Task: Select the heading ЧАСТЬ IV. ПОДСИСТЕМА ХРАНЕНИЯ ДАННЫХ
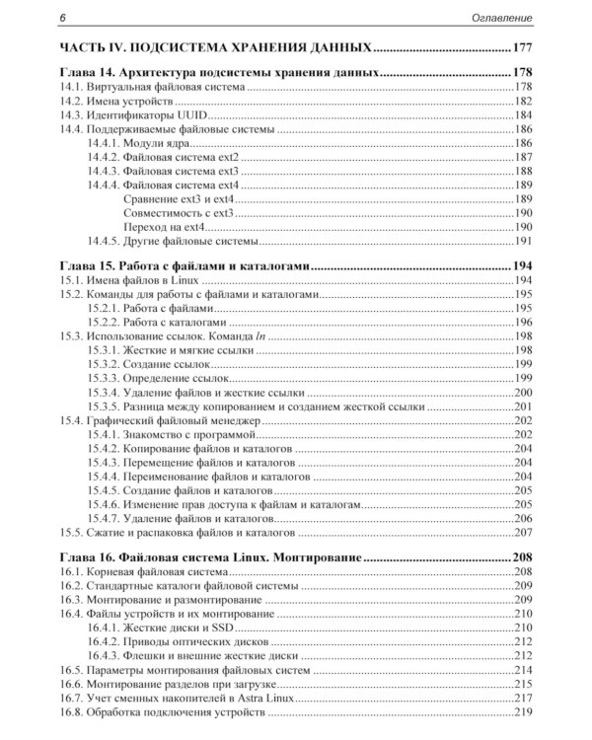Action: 215,47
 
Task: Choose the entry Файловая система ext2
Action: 185,157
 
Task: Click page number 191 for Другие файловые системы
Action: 523,240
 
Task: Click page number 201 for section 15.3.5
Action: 523,406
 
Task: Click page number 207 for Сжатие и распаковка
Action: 523,531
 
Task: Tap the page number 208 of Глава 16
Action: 522,557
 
